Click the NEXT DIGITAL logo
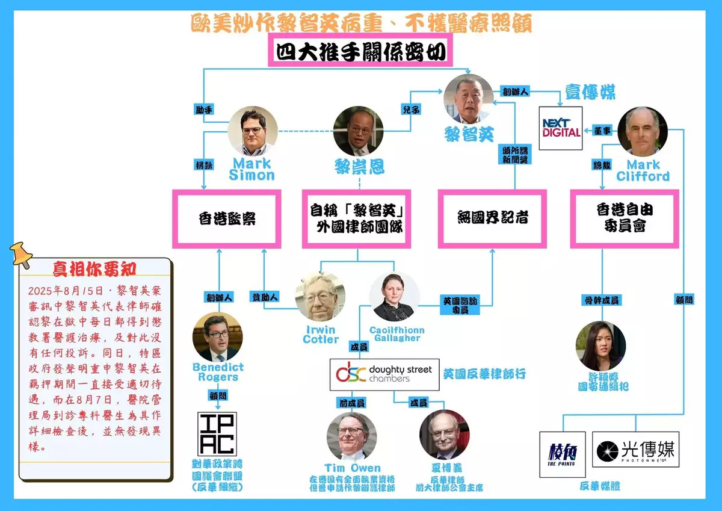click(561, 128)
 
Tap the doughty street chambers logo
click(384, 374)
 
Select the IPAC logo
click(217, 433)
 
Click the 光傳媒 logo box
click(635, 449)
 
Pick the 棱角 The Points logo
click(562, 454)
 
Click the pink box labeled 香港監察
click(227, 218)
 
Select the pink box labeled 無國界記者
click(492, 218)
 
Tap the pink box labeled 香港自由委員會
click(625, 218)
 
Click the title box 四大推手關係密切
click(361, 52)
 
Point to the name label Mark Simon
click(251, 169)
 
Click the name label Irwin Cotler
click(321, 335)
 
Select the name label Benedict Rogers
click(218, 372)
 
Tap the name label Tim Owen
click(352, 468)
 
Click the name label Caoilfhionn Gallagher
click(396, 334)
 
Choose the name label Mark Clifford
click(643, 170)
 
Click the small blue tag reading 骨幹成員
click(602, 300)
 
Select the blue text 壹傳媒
click(590, 92)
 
